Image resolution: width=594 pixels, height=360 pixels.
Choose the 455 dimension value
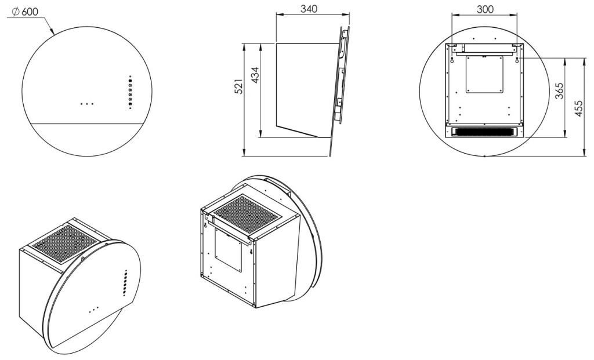click(578, 107)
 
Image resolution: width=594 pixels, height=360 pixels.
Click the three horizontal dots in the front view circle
click(87, 104)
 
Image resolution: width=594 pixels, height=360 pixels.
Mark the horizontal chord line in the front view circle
click(88, 123)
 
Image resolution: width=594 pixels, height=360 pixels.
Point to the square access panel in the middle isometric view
click(229, 248)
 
